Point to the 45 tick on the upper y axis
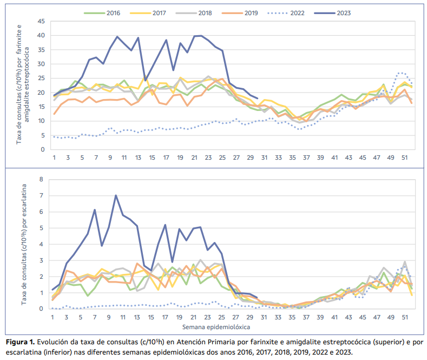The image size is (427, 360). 41,21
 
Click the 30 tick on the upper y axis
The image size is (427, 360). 41,64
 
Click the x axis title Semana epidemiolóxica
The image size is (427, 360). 219,326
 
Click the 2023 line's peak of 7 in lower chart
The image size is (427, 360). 116,195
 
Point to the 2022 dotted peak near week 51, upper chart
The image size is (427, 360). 400,72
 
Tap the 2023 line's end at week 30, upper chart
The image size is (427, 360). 257,99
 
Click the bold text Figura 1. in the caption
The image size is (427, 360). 21,342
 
